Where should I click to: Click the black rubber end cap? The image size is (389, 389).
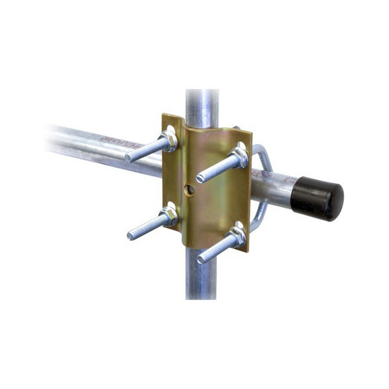pos(317,198)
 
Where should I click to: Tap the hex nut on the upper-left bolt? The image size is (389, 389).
pos(168,141)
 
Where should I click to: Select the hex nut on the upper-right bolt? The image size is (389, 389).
pos(238,156)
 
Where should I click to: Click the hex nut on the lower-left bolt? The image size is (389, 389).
pos(169,217)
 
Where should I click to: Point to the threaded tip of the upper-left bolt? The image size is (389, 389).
pos(129,158)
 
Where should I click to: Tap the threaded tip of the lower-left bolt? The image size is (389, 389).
pos(131,235)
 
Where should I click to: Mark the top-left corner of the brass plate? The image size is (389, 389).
pos(164,115)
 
